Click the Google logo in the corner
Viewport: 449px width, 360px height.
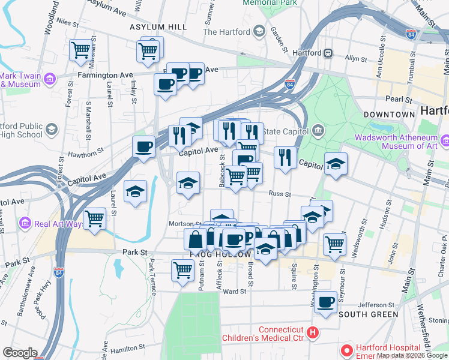point(20,353)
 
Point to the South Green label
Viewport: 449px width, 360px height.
point(368,314)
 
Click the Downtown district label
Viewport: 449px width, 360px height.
point(389,114)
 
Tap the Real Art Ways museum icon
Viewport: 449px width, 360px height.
point(25,223)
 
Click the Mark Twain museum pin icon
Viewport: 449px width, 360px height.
point(50,79)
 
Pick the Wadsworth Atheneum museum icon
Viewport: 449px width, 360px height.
point(445,141)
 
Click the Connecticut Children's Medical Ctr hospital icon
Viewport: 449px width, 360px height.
point(312,332)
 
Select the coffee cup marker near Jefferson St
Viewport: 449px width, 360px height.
point(326,302)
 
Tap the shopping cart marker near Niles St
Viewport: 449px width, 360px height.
point(80,50)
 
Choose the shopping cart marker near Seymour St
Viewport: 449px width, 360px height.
point(334,243)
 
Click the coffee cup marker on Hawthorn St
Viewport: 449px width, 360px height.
point(143,146)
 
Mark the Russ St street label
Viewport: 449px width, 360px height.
point(280,194)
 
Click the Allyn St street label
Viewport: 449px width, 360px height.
point(356,59)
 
